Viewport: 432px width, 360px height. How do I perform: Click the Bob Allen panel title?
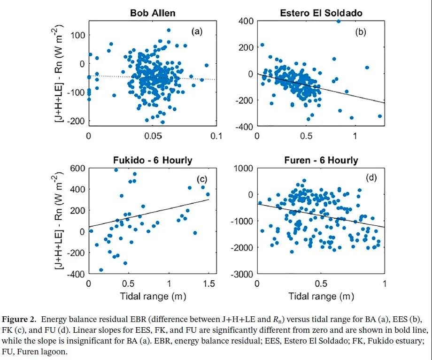(x=152, y=13)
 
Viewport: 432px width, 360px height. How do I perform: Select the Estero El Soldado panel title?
(x=321, y=13)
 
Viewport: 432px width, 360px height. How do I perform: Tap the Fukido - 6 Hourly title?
(x=152, y=160)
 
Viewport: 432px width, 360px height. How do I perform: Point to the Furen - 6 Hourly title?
(x=321, y=160)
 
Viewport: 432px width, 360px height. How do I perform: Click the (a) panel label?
(x=196, y=31)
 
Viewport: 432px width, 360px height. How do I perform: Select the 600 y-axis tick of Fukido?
(x=77, y=169)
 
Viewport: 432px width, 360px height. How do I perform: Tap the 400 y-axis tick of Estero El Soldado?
(x=245, y=21)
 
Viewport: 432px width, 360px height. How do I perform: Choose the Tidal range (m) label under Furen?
(x=321, y=296)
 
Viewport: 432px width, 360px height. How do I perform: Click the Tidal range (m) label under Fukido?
(x=152, y=296)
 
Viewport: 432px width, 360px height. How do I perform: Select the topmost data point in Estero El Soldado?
(x=338, y=21)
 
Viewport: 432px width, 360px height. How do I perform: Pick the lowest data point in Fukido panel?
(x=101, y=270)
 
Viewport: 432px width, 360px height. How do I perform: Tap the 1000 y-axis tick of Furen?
(x=244, y=169)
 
